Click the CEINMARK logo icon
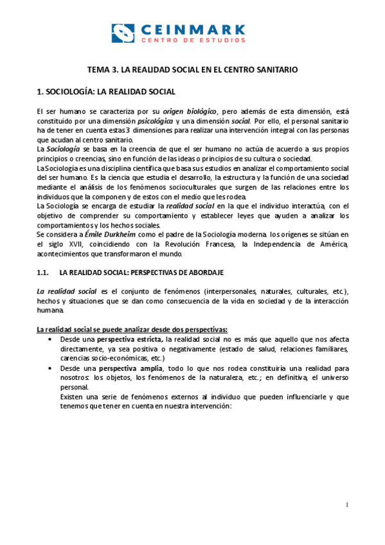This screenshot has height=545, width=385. click(123, 33)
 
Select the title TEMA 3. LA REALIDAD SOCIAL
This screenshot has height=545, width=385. click(192, 69)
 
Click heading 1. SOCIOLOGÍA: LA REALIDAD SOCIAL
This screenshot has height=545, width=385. click(106, 92)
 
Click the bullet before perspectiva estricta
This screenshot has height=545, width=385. click(50, 339)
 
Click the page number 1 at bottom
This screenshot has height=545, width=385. click(346, 506)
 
